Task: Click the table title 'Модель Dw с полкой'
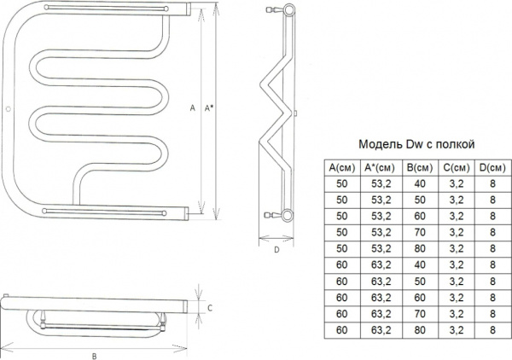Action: coord(416,144)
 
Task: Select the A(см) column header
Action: coord(342,168)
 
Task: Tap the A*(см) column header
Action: coord(380,168)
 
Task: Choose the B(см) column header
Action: coord(420,168)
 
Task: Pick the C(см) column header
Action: coord(457,168)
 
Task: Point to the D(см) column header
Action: coord(492,168)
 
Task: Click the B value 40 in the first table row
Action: coord(420,183)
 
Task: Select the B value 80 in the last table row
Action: coord(420,330)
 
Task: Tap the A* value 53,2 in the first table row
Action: coord(381,183)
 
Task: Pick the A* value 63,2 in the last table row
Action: coord(381,330)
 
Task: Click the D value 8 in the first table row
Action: coord(492,183)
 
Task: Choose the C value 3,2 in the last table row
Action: coord(457,330)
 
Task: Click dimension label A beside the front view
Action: coord(192,107)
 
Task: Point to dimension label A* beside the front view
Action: coord(208,107)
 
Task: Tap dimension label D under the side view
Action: coord(276,250)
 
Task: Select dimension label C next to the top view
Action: coord(210,308)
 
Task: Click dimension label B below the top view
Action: coord(95,356)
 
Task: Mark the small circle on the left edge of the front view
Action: coord(9,108)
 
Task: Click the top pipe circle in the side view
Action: coord(289,9)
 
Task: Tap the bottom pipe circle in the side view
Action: coord(288,215)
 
